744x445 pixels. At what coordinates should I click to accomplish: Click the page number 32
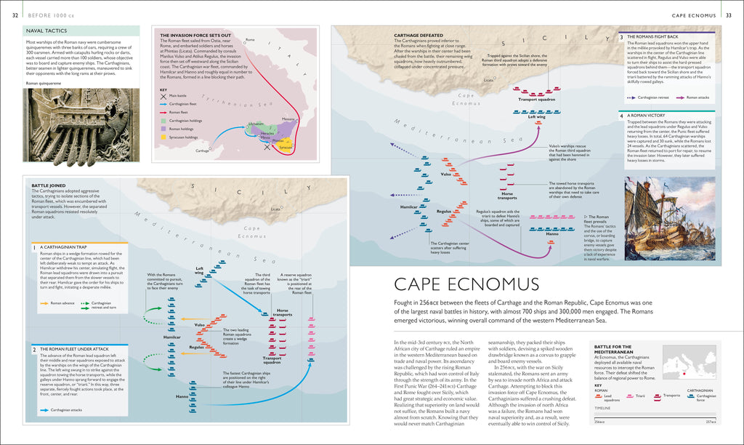click(15, 15)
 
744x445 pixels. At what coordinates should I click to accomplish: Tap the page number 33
click(729, 15)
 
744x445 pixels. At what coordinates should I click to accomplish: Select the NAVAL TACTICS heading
click(46, 31)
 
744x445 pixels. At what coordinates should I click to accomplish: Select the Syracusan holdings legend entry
click(184, 137)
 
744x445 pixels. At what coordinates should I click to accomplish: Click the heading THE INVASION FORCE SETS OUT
click(196, 35)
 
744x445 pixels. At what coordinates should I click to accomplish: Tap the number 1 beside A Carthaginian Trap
click(34, 247)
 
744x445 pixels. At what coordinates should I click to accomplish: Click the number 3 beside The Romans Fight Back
click(621, 36)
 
